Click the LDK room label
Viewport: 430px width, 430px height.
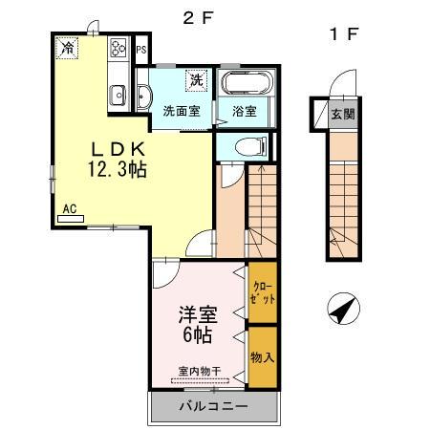pos(118,149)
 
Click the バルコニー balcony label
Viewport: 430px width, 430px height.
pos(215,405)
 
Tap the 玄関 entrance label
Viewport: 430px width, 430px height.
pos(343,115)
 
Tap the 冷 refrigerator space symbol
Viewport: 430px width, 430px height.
pos(67,45)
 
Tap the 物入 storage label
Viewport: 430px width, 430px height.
pos(263,356)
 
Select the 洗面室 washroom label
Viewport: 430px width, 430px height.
pos(180,110)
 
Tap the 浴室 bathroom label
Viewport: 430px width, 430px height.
pos(245,111)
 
